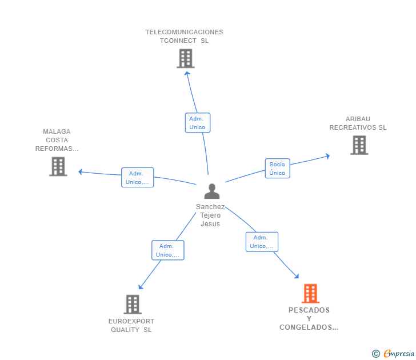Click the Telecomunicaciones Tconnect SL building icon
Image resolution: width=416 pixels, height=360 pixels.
click(x=186, y=58)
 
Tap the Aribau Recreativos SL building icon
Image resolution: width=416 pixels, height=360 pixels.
click(x=359, y=145)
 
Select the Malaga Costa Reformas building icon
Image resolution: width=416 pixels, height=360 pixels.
click(x=58, y=167)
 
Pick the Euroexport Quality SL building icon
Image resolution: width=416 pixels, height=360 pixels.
click(x=133, y=305)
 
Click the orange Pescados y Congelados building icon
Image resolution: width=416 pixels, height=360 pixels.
click(x=310, y=293)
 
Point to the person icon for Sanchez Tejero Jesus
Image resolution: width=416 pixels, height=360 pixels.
click(x=211, y=191)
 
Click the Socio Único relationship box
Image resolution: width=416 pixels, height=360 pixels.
click(x=278, y=169)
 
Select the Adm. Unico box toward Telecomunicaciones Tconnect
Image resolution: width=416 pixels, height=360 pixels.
click(x=198, y=122)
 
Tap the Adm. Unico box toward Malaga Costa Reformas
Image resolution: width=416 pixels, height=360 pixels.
click(x=137, y=178)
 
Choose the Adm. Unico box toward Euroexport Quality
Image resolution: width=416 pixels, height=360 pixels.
click(x=168, y=250)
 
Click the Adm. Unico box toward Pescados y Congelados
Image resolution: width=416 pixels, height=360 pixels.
click(x=262, y=242)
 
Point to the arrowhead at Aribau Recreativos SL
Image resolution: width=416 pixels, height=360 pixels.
click(x=328, y=156)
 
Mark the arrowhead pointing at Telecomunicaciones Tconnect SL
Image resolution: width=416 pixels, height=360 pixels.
click(x=187, y=73)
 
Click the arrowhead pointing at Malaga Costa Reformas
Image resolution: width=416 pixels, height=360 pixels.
click(x=81, y=172)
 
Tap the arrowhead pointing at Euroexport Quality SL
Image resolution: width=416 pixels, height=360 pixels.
click(x=141, y=286)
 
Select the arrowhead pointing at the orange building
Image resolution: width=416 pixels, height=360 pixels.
click(x=297, y=276)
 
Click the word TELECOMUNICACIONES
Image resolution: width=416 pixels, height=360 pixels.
click(x=184, y=32)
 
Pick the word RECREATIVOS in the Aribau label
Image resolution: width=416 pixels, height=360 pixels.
click(x=353, y=127)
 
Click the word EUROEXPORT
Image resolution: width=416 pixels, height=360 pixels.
click(x=131, y=321)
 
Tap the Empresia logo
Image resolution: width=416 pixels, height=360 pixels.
click(x=393, y=353)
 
